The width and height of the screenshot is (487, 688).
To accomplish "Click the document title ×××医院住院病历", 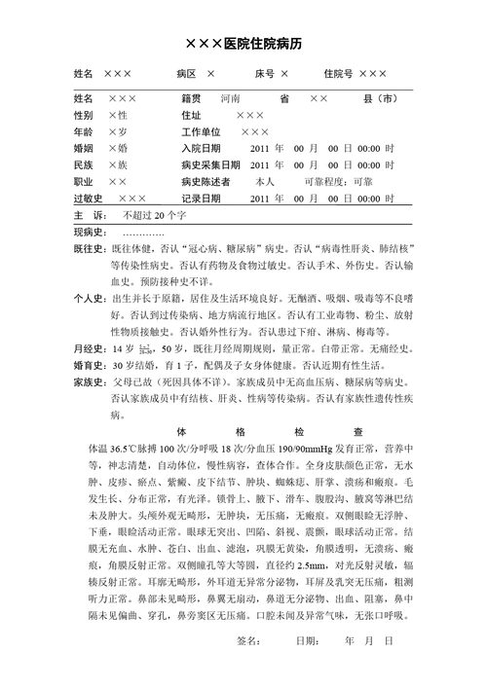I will point(243,45).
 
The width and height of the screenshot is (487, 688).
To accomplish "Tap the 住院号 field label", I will point(337,75).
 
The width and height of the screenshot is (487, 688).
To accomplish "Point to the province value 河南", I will point(231,99).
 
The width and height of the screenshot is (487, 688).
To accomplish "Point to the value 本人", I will point(265,182).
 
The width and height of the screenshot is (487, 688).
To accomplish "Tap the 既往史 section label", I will point(91,249).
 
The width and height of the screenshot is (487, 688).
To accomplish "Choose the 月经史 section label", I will point(91,349).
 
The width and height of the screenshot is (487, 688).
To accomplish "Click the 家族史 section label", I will point(91,382).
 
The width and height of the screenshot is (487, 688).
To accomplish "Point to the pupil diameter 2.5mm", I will point(312,563).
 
